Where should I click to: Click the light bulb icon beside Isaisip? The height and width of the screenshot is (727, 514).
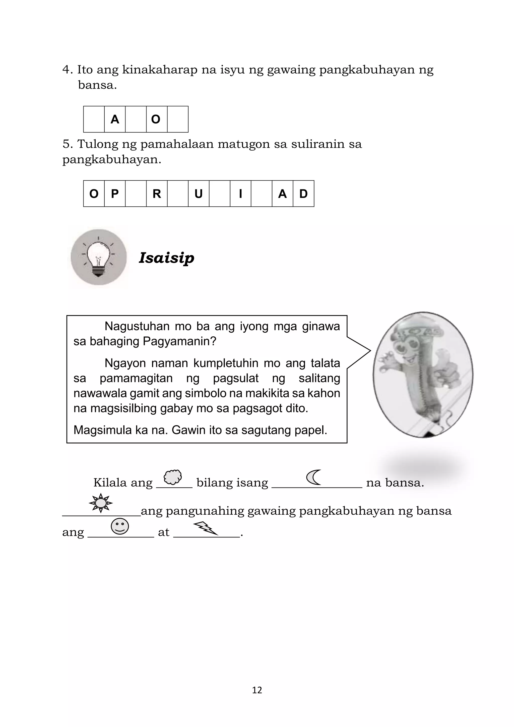pyautogui.click(x=98, y=257)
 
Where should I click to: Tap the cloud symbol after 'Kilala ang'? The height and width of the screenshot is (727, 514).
pyautogui.click(x=173, y=477)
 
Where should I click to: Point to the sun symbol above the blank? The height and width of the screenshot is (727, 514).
pyautogui.click(x=101, y=503)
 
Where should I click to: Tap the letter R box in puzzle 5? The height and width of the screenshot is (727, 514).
pyautogui.click(x=157, y=194)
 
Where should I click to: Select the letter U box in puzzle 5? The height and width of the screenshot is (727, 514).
pyautogui.click(x=199, y=194)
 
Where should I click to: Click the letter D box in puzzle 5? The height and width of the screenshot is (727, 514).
pyautogui.click(x=303, y=194)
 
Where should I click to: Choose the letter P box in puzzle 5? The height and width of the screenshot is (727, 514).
pyautogui.click(x=115, y=194)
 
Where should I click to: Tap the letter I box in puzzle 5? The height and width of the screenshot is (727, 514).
pyautogui.click(x=240, y=194)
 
